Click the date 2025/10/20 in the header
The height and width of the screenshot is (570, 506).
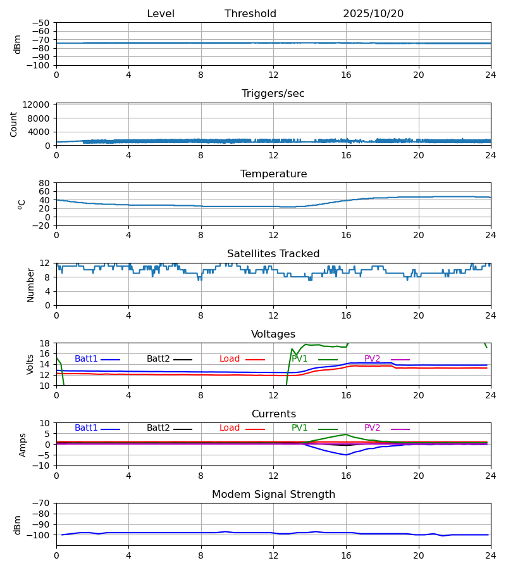[x=373, y=14]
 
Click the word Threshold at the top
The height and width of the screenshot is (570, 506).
[x=250, y=14]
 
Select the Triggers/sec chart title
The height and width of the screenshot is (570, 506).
[x=273, y=94]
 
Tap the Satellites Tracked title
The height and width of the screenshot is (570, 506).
[x=273, y=254]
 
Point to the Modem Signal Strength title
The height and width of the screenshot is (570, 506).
[x=273, y=495]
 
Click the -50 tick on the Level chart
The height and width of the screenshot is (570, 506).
[x=42, y=23]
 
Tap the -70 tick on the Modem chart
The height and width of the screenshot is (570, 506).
[x=42, y=503]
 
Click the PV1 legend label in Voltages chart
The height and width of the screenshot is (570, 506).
[x=300, y=359]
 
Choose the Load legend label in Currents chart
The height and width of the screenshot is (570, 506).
[x=230, y=428]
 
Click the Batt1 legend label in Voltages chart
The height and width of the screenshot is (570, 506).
[x=86, y=359]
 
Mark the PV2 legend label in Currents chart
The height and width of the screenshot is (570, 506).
[x=373, y=428]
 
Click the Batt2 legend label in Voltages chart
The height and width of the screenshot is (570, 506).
[x=158, y=359]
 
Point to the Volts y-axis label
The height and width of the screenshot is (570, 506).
[x=30, y=364]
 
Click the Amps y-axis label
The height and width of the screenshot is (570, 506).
[x=23, y=445]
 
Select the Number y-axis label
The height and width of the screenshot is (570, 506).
[x=30, y=284]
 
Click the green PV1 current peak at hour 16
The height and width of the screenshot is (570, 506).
[x=346, y=434]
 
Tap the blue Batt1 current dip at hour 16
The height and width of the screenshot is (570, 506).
[x=346, y=455]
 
